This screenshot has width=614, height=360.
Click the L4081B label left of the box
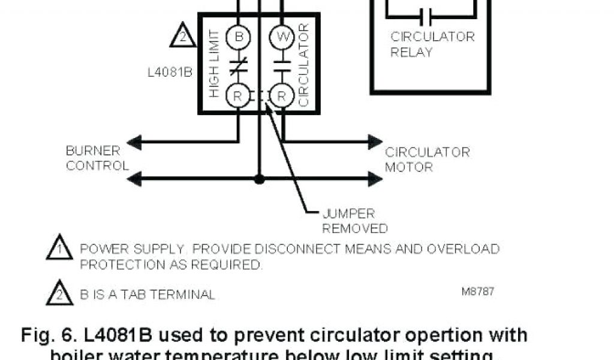[169, 72]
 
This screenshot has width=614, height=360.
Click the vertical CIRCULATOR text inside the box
[303, 65]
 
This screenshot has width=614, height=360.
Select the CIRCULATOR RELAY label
[432, 44]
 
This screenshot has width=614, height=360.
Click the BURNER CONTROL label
[97, 158]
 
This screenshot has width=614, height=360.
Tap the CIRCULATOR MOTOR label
[427, 160]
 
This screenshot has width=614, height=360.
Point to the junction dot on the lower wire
[259, 179]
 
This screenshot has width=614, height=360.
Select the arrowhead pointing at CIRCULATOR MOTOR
[375, 142]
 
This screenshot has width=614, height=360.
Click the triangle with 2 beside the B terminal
[181, 36]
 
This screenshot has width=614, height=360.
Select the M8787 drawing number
[478, 292]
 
